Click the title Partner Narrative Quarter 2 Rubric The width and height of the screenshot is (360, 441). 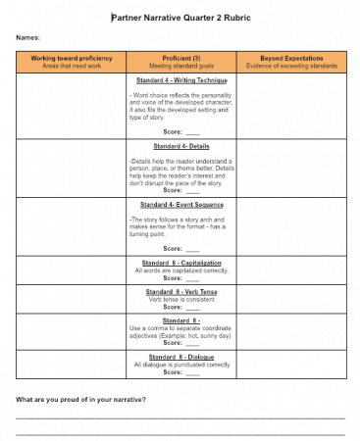[x=180, y=17]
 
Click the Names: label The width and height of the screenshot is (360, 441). [x=27, y=38]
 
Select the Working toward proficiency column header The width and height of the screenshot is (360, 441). [x=72, y=62]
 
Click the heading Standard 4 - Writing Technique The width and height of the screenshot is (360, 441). [x=180, y=79]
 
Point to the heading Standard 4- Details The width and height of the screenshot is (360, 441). [x=180, y=145]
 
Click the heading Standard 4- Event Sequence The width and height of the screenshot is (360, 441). [x=180, y=205]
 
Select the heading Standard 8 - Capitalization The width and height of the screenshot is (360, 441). [x=180, y=264]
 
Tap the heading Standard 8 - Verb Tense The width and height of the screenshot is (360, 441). [x=180, y=291]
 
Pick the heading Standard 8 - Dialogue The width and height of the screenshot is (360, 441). [x=180, y=356]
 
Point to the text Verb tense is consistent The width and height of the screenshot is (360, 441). [x=180, y=299]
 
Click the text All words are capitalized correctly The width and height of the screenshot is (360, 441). [x=180, y=271]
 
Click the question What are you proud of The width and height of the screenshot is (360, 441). [x=81, y=401]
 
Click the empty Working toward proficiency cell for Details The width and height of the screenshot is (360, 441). [x=72, y=169]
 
